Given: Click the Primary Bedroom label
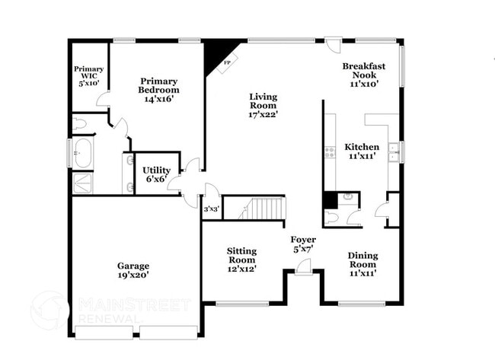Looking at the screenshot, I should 158,91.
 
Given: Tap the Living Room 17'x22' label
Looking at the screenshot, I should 263,106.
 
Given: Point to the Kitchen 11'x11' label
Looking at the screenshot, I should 362,151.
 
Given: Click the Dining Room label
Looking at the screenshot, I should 362,264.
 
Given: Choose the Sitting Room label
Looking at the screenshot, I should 241,260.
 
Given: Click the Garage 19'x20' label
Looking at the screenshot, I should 133,270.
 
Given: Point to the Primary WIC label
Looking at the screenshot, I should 88,76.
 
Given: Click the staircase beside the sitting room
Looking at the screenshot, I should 267,208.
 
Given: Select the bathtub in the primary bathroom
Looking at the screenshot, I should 83,152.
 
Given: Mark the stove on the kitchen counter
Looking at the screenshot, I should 330,152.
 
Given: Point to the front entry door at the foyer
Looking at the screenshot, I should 304,266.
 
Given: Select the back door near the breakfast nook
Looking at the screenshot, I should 333,46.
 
